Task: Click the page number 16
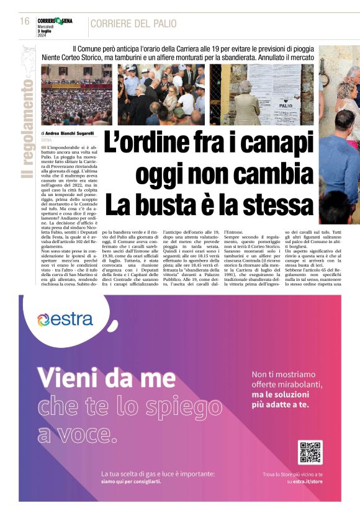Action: [x=25, y=21]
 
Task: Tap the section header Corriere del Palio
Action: [x=133, y=24]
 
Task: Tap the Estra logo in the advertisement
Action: [x=65, y=319]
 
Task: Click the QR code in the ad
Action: [x=310, y=453]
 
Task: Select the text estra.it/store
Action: [x=308, y=481]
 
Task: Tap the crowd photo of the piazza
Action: [x=76, y=94]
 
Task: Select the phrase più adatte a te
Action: [x=279, y=405]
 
